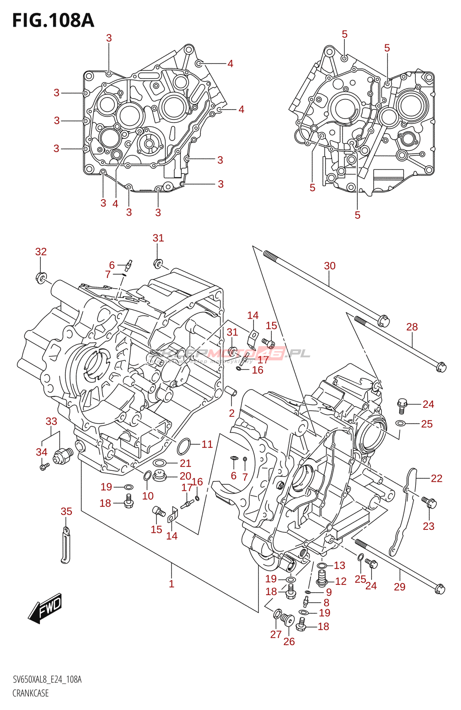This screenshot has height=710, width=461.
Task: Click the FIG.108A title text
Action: [x=53, y=20]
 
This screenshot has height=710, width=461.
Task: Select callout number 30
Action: [x=329, y=266]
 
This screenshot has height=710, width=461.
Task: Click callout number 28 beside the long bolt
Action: [x=412, y=327]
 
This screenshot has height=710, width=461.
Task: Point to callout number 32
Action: [x=41, y=252]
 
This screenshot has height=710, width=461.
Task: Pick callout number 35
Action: [x=66, y=512]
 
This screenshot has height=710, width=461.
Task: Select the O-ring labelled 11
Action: [x=184, y=446]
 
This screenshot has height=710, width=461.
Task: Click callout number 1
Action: [x=172, y=584]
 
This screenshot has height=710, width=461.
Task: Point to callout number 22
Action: [x=437, y=478]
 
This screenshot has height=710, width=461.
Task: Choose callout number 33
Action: [x=51, y=421]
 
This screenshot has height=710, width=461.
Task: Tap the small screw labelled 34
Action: [x=44, y=466]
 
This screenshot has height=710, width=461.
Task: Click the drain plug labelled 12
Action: [x=322, y=578]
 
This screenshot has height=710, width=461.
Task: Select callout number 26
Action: [x=289, y=642]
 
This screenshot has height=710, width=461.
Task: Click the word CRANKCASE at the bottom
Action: [x=31, y=693]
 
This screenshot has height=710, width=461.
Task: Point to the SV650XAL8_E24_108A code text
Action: [x=47, y=679]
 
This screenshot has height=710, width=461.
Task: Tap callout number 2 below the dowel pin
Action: [x=232, y=414]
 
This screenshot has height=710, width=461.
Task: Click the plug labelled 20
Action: [x=159, y=476]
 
